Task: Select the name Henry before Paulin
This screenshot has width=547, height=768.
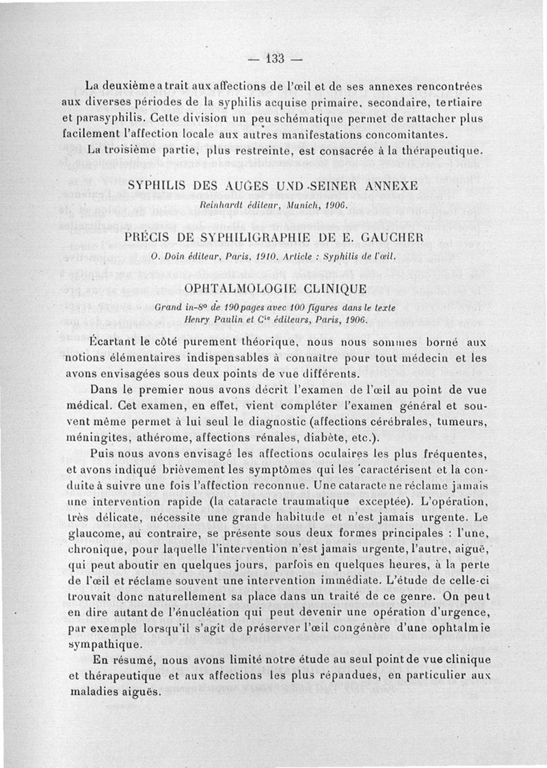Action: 209,320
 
